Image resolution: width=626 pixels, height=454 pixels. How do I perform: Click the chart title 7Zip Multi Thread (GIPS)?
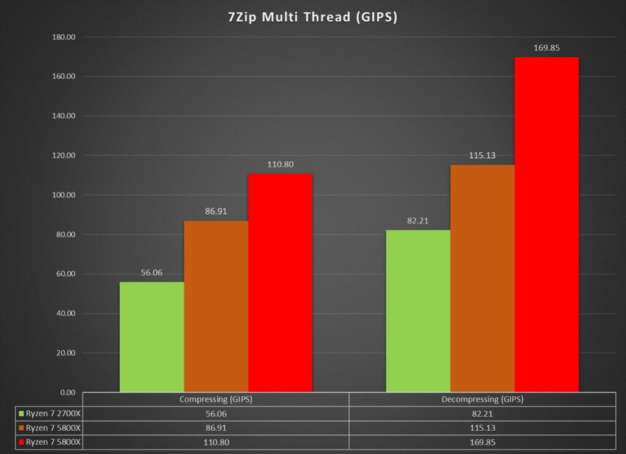pyautogui.click(x=312, y=18)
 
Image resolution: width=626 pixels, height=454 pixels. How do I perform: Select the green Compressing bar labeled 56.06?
pyautogui.click(x=152, y=336)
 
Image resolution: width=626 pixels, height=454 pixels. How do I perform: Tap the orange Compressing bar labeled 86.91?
pyautogui.click(x=216, y=306)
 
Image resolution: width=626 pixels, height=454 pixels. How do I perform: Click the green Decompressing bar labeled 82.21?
pyautogui.click(x=418, y=310)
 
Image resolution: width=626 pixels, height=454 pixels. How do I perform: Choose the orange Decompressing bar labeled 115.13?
pyautogui.click(x=482, y=278)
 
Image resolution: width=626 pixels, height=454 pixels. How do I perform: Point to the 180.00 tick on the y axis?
pyautogui.click(x=62, y=37)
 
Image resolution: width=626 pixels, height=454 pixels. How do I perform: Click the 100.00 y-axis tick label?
pyautogui.click(x=62, y=195)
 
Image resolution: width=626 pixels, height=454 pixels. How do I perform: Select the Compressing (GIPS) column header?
pyautogui.click(x=215, y=400)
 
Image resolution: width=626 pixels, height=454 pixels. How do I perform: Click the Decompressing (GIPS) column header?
pyautogui.click(x=482, y=400)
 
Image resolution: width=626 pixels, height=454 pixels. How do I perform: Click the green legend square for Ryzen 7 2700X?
pyautogui.click(x=23, y=413)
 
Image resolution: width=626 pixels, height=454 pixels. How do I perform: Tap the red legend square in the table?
pyautogui.click(x=23, y=440)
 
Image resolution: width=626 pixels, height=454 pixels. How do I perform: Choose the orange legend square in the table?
pyautogui.click(x=23, y=427)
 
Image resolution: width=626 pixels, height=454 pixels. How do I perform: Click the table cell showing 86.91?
pyautogui.click(x=215, y=427)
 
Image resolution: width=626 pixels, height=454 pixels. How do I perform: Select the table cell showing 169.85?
pyautogui.click(x=482, y=440)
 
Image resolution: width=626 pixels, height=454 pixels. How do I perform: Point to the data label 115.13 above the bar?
pyautogui.click(x=482, y=156)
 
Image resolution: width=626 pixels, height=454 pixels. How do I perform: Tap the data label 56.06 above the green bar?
pyautogui.click(x=152, y=273)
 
